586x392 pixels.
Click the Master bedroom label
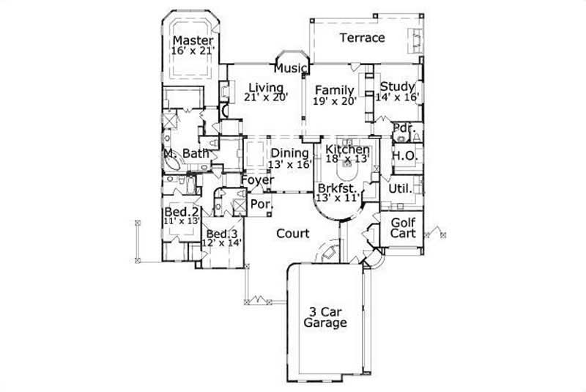pos(193,40)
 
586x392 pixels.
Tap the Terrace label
pos(363,37)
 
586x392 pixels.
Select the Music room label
pos(290,69)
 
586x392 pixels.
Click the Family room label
pos(335,91)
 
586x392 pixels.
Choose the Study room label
pos(398,86)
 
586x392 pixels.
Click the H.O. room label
pos(404,156)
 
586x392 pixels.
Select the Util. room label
pos(401,188)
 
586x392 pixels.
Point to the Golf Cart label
pos(403,228)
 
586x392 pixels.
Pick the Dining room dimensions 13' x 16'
pos(289,165)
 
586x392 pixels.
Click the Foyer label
pos(258,180)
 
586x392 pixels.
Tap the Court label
pos(293,234)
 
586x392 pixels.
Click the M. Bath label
pos(187,154)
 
